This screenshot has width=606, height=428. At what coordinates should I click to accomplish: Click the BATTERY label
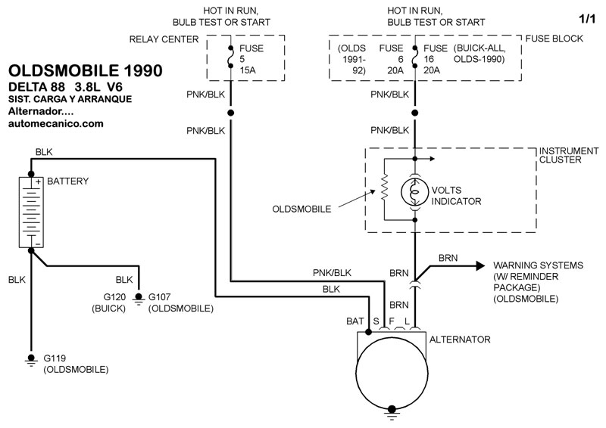[x=68, y=181]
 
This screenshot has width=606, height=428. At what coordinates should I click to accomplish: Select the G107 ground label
[x=165, y=296]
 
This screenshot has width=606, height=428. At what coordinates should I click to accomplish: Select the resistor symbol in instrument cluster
[x=384, y=188]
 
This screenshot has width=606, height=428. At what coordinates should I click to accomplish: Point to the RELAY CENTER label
[x=164, y=39]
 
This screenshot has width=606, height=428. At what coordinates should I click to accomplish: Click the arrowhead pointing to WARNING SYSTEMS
[x=479, y=265]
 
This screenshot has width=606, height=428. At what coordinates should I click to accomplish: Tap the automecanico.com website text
[x=56, y=123]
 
